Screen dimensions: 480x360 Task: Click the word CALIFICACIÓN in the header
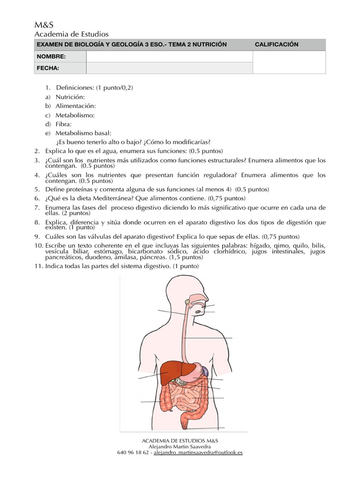coord(277,45)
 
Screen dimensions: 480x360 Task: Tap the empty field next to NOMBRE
coord(169,57)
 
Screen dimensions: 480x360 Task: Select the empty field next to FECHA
coord(169,68)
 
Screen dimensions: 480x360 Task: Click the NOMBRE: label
coord(51,57)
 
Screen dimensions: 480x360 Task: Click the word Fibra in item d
coord(63,124)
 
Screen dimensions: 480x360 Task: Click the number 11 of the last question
coord(37,266)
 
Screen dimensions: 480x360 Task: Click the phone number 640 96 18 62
coord(133,453)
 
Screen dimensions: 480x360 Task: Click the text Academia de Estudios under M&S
coord(72,34)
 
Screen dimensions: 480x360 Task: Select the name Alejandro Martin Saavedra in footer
coord(180,447)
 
